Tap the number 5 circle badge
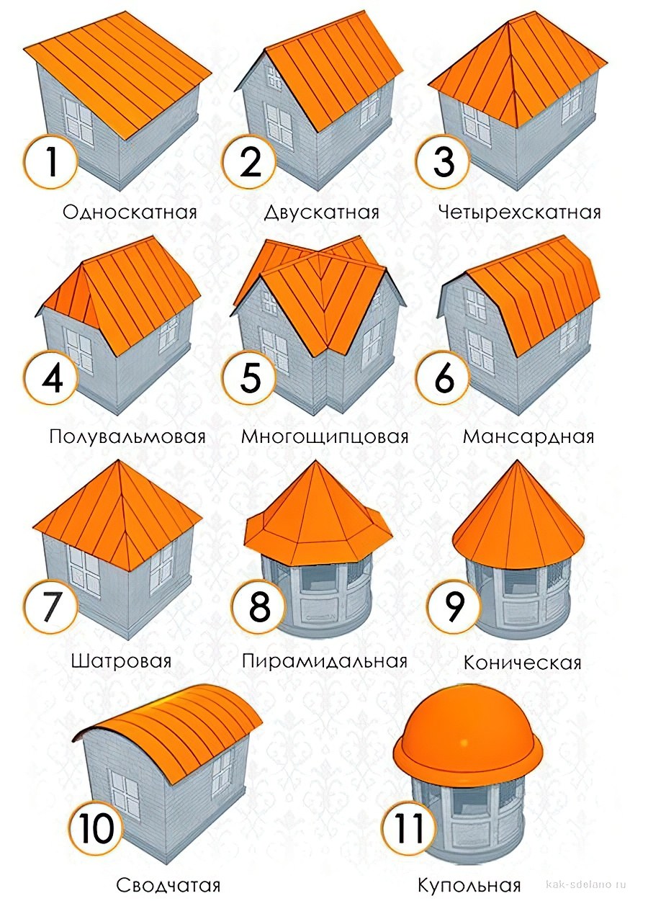(249, 379)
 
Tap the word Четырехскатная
(518, 212)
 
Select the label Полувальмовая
(128, 437)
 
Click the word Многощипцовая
(325, 437)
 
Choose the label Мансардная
(528, 437)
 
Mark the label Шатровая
(122, 662)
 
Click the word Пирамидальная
(325, 661)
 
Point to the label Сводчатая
(168, 885)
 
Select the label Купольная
(469, 885)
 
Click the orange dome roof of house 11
(467, 735)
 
